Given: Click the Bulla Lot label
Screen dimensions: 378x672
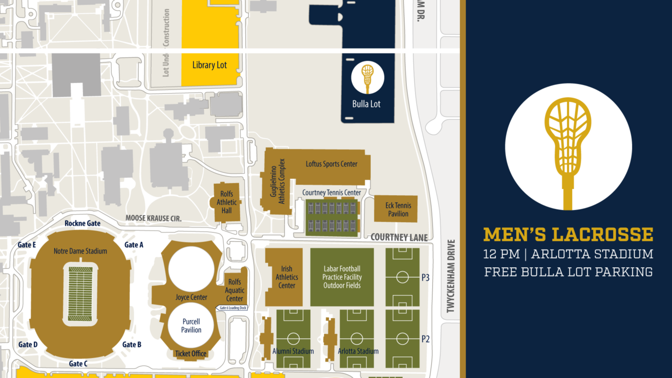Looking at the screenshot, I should [x=366, y=104].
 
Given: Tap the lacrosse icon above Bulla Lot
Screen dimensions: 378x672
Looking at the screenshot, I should [x=367, y=78].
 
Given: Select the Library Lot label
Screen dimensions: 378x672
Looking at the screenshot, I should [x=209, y=65].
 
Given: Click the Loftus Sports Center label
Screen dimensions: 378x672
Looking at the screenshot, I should [x=331, y=164].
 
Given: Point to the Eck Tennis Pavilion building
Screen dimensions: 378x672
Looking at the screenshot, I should [x=396, y=209].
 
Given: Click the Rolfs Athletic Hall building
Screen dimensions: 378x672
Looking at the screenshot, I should [x=226, y=203].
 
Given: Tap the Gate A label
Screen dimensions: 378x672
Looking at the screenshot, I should [x=134, y=245].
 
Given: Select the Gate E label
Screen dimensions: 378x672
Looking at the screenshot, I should [x=27, y=245].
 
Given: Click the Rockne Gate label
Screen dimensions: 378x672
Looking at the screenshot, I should [x=82, y=223].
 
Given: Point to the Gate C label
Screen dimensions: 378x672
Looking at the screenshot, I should [x=78, y=363].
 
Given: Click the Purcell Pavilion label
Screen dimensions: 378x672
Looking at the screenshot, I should [x=191, y=325].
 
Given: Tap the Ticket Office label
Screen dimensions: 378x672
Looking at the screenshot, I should [x=191, y=353].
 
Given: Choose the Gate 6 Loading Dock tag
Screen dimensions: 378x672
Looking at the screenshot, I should [x=232, y=308].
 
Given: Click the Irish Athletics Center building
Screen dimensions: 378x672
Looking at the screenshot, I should [x=286, y=277].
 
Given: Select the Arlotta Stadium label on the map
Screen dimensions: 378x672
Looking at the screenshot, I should [x=358, y=351].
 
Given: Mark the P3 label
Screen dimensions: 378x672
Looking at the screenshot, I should [x=425, y=278].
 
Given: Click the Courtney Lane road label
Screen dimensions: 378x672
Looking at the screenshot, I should [x=399, y=237].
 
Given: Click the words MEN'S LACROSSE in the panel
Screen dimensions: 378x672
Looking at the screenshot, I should [x=568, y=235].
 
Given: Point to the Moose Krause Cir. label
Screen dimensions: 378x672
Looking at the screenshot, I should [x=153, y=218].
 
